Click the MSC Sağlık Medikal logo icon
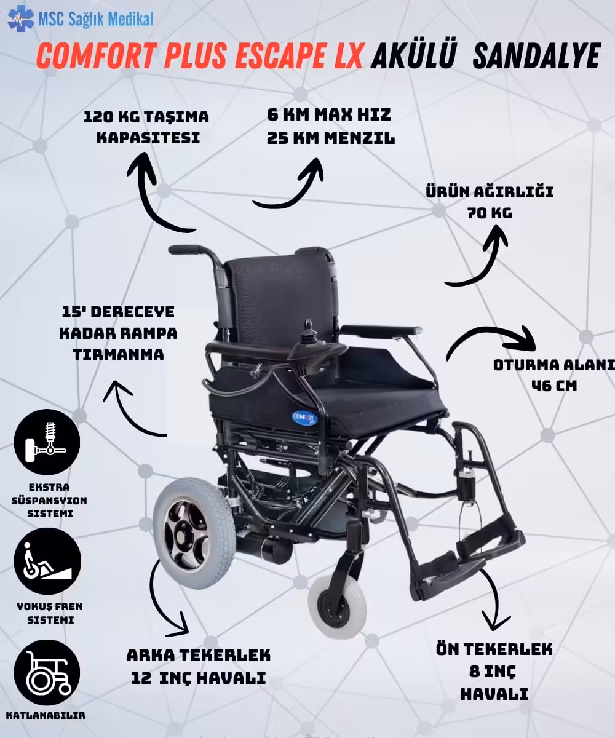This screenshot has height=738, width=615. pyautogui.click(x=21, y=18)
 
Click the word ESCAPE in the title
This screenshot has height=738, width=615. pyautogui.click(x=297, y=55)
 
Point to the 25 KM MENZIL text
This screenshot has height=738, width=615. pyautogui.click(x=330, y=138)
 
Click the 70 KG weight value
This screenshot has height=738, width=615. pyautogui.click(x=490, y=213)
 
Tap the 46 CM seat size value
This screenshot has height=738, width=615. pyautogui.click(x=554, y=386)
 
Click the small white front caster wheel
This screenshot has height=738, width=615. pyautogui.click(x=337, y=605)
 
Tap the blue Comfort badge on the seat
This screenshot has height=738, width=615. pyautogui.click(x=304, y=417)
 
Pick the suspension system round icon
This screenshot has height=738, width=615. pyautogui.click(x=47, y=442)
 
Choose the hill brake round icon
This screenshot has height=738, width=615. pyautogui.click(x=47, y=561)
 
